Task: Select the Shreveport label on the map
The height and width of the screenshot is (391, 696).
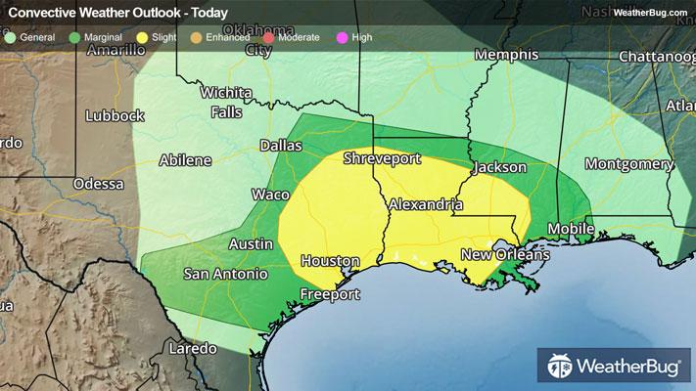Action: [383, 158]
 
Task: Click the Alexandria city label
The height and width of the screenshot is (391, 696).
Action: [425, 205]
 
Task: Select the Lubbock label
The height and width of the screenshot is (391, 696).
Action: [115, 115]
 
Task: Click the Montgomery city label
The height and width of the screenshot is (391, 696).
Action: [629, 163]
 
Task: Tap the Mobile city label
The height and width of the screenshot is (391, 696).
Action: [570, 229]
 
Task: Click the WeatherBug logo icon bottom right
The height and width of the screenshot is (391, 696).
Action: [561, 368]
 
